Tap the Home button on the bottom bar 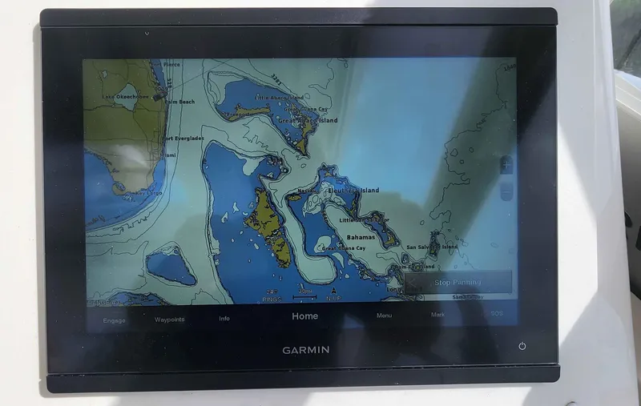click(304, 316)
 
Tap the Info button click(224, 318)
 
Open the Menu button click(385, 316)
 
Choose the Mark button click(437, 315)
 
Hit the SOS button click(498, 313)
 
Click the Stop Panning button click(458, 282)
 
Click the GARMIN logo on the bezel click(305, 350)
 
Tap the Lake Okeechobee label click(126, 97)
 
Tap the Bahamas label click(361, 237)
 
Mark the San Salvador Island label click(432, 247)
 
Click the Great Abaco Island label click(308, 121)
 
